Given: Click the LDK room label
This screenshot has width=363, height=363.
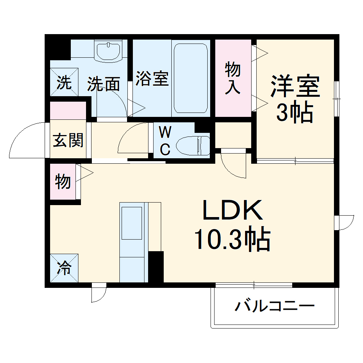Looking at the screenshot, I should tap(232, 211).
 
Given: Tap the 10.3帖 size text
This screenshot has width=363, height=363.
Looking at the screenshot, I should tap(232, 240).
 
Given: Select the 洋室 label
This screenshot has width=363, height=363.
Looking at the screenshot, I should tap(295, 86).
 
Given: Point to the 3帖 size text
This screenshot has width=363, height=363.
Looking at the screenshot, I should tap(295, 113).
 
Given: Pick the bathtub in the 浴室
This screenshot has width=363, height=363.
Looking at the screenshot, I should tap(191, 78).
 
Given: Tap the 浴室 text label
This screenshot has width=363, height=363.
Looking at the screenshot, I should tap(152, 79).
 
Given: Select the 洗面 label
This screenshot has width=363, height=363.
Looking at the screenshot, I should tap(104, 84).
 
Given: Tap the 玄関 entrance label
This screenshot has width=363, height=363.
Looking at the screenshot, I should tap(68, 140).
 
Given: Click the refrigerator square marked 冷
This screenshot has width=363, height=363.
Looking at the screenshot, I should tap(64, 269).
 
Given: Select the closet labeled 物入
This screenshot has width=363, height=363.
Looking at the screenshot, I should tap(233, 78).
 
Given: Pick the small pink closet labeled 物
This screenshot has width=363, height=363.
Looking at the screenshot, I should tap(63, 181).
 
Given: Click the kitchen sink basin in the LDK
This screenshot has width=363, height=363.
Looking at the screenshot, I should tap(132, 223).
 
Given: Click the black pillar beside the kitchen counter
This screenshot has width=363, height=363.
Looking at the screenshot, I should tap(156, 266).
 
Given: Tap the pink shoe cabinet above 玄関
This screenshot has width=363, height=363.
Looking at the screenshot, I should tap(68, 111).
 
